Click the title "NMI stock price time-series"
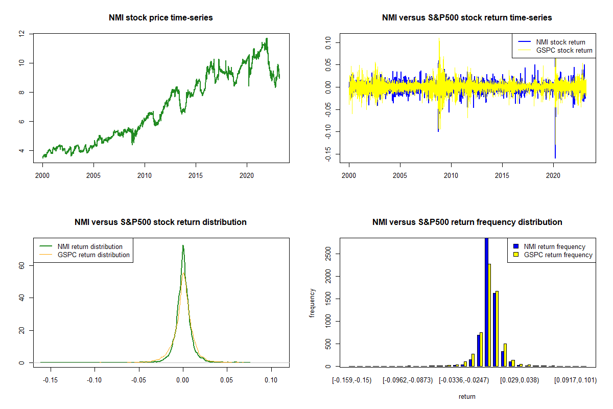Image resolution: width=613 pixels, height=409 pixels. [160, 18]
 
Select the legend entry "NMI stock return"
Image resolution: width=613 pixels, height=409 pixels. [560, 42]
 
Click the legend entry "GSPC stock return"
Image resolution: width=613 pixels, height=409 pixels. [564, 50]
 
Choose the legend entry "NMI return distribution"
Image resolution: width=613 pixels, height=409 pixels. [90, 246]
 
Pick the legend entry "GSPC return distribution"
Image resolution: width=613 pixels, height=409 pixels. [93, 255]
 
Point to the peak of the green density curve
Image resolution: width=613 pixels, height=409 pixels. [183, 246]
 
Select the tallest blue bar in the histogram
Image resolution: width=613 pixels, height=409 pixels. [486, 302]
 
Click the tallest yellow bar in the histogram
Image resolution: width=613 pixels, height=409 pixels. [489, 315]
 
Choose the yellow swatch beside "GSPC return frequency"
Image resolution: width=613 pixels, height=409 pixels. [516, 255]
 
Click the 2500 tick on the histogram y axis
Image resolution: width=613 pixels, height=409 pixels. [327, 254]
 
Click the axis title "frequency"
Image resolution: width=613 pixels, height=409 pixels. [313, 303]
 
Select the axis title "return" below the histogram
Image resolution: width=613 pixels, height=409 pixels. [467, 396]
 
